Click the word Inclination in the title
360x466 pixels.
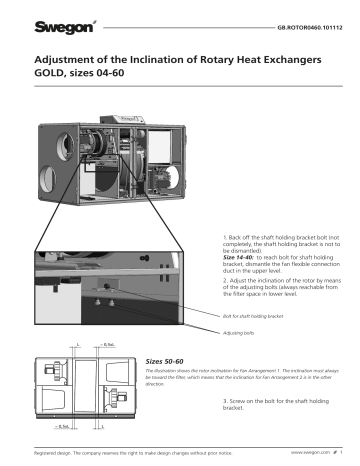click(x=141, y=61)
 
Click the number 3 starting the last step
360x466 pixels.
click(x=225, y=400)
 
